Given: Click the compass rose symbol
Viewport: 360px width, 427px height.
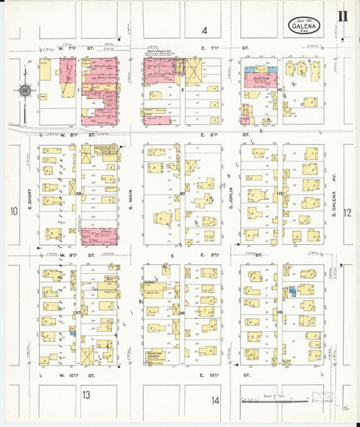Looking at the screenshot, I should tap(25, 90).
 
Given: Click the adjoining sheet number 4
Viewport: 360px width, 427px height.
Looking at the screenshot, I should tap(204, 30).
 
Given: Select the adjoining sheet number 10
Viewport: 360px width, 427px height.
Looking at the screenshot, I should tap(13, 211).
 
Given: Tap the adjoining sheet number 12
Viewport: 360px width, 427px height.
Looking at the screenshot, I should tap(347, 213).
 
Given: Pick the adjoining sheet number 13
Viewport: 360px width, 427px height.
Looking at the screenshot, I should tap(86, 394).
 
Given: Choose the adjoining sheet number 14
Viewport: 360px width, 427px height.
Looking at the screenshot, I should tap(215, 400).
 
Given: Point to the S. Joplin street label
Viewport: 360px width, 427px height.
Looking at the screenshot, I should tap(230, 197).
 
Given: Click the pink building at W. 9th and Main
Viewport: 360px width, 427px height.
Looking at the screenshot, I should tap(99, 236).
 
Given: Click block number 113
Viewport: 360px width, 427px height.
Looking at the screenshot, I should tap(279, 193).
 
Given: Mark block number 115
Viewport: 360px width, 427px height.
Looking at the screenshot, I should tap(279, 311).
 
